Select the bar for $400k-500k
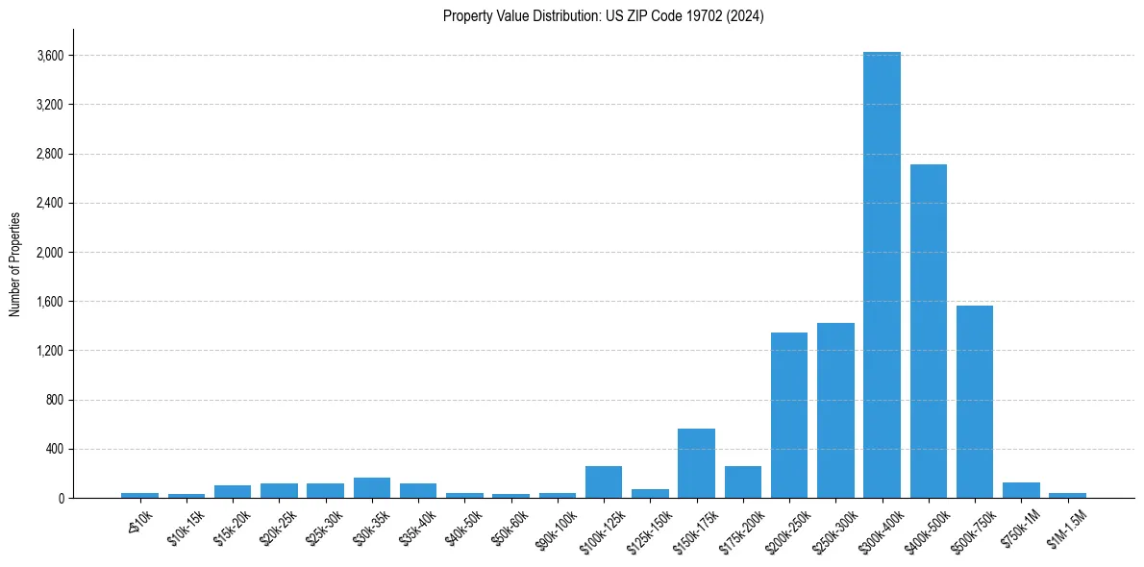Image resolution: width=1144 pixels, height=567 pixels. pos(929,332)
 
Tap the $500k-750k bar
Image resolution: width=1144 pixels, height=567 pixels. pos(975,402)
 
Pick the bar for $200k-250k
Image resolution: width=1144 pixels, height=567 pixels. pos(789,415)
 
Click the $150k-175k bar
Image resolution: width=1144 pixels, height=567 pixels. pos(696,463)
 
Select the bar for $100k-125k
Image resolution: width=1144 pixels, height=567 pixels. pos(604,482)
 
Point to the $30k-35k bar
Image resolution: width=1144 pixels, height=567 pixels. pos(372,488)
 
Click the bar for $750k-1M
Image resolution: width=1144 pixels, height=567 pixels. pos(1021,490)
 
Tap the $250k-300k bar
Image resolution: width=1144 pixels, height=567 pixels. pos(835,410)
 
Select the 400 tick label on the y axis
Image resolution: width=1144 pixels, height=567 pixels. pos(54,449)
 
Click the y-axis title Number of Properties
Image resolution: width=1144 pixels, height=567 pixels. pos(14,263)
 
